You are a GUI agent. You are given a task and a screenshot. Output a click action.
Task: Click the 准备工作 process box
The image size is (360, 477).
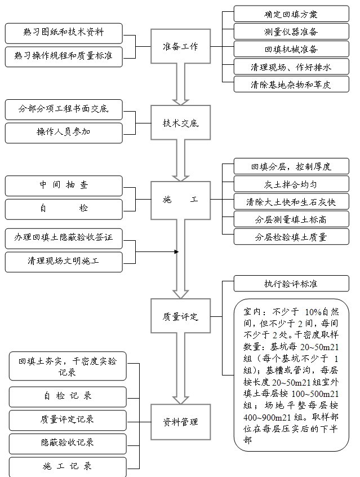click(x=176, y=47)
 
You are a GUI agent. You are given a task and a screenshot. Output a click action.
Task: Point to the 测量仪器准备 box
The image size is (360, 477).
click(x=291, y=32)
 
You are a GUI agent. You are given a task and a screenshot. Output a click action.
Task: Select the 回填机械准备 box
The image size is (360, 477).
click(x=291, y=49)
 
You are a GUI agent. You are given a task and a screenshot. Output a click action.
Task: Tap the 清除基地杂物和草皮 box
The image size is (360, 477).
click(x=291, y=85)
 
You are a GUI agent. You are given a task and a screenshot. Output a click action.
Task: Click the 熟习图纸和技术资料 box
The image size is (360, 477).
click(x=64, y=33)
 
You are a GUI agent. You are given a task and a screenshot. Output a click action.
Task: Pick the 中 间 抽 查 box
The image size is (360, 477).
click(x=64, y=185)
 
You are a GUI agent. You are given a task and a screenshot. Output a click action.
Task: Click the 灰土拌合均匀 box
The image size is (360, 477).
click(x=291, y=184)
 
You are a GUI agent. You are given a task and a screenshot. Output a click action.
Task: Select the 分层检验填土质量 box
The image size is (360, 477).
click(x=291, y=236)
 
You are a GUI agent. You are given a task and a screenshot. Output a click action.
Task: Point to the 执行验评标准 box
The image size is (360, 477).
click(x=291, y=284)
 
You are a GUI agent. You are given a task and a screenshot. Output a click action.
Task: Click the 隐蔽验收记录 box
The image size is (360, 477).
click(x=68, y=443)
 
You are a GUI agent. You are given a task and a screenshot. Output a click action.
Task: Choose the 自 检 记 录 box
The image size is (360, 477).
click(x=68, y=396)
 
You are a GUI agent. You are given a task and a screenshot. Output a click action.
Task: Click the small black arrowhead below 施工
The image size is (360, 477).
click(x=176, y=251)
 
